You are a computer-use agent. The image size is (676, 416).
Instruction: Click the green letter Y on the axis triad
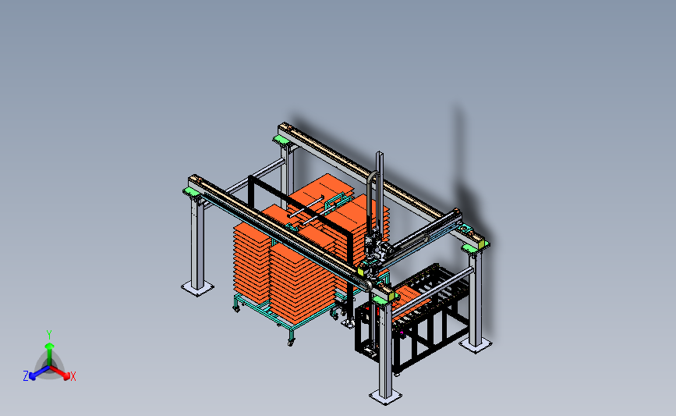(x=49, y=335)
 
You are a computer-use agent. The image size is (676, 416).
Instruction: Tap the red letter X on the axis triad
(x=73, y=376)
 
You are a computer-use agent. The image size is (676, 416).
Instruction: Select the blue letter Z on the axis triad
(x=26, y=376)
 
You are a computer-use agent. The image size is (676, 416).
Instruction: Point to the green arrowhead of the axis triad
(x=49, y=346)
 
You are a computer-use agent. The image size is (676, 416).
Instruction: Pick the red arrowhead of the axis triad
(x=65, y=376)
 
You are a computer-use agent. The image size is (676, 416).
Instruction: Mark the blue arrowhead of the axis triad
(x=33, y=376)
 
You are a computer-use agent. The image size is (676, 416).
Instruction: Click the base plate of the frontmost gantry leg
(x=385, y=396)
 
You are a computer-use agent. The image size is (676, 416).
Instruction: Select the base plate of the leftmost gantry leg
(x=197, y=288)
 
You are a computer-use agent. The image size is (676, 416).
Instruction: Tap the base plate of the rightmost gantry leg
(x=475, y=345)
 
